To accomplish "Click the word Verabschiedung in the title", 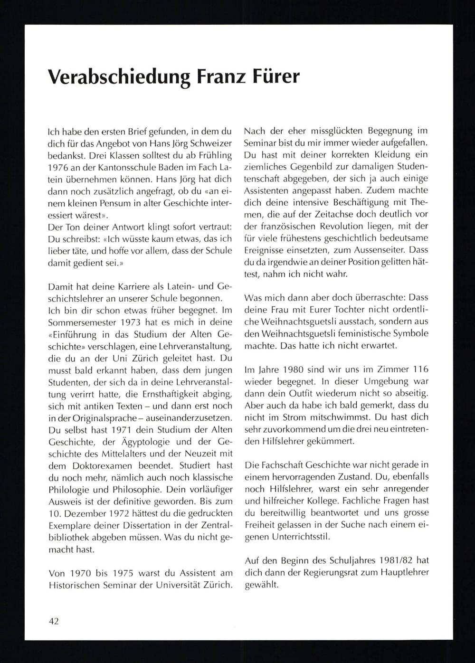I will [x=114, y=77].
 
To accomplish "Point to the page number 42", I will [x=54, y=621].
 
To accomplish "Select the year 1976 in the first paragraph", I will [x=59, y=168].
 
